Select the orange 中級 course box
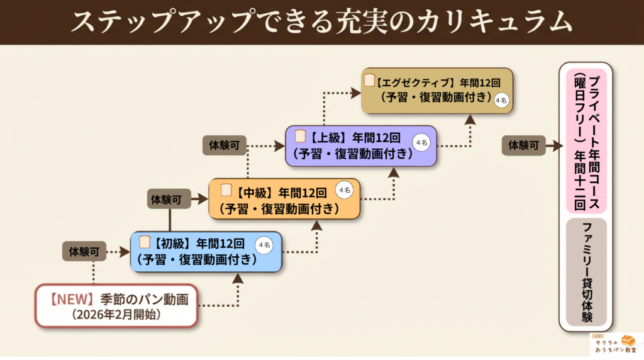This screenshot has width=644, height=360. [284, 198]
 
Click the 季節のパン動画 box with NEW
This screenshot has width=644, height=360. [116, 305]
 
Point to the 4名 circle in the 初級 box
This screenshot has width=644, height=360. [264, 245]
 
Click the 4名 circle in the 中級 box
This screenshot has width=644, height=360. [345, 190]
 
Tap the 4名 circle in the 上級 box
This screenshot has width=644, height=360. [421, 143]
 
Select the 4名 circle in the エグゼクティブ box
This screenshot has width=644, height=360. [501, 100]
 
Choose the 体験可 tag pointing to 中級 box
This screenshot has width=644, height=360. [169, 200]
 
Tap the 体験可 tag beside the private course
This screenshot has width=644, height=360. [523, 145]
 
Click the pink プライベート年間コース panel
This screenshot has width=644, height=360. [587, 142]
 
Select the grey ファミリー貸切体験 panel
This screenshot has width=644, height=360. [587, 272]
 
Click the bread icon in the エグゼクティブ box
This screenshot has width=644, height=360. [370, 81]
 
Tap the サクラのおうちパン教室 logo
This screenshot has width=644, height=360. [616, 344]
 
